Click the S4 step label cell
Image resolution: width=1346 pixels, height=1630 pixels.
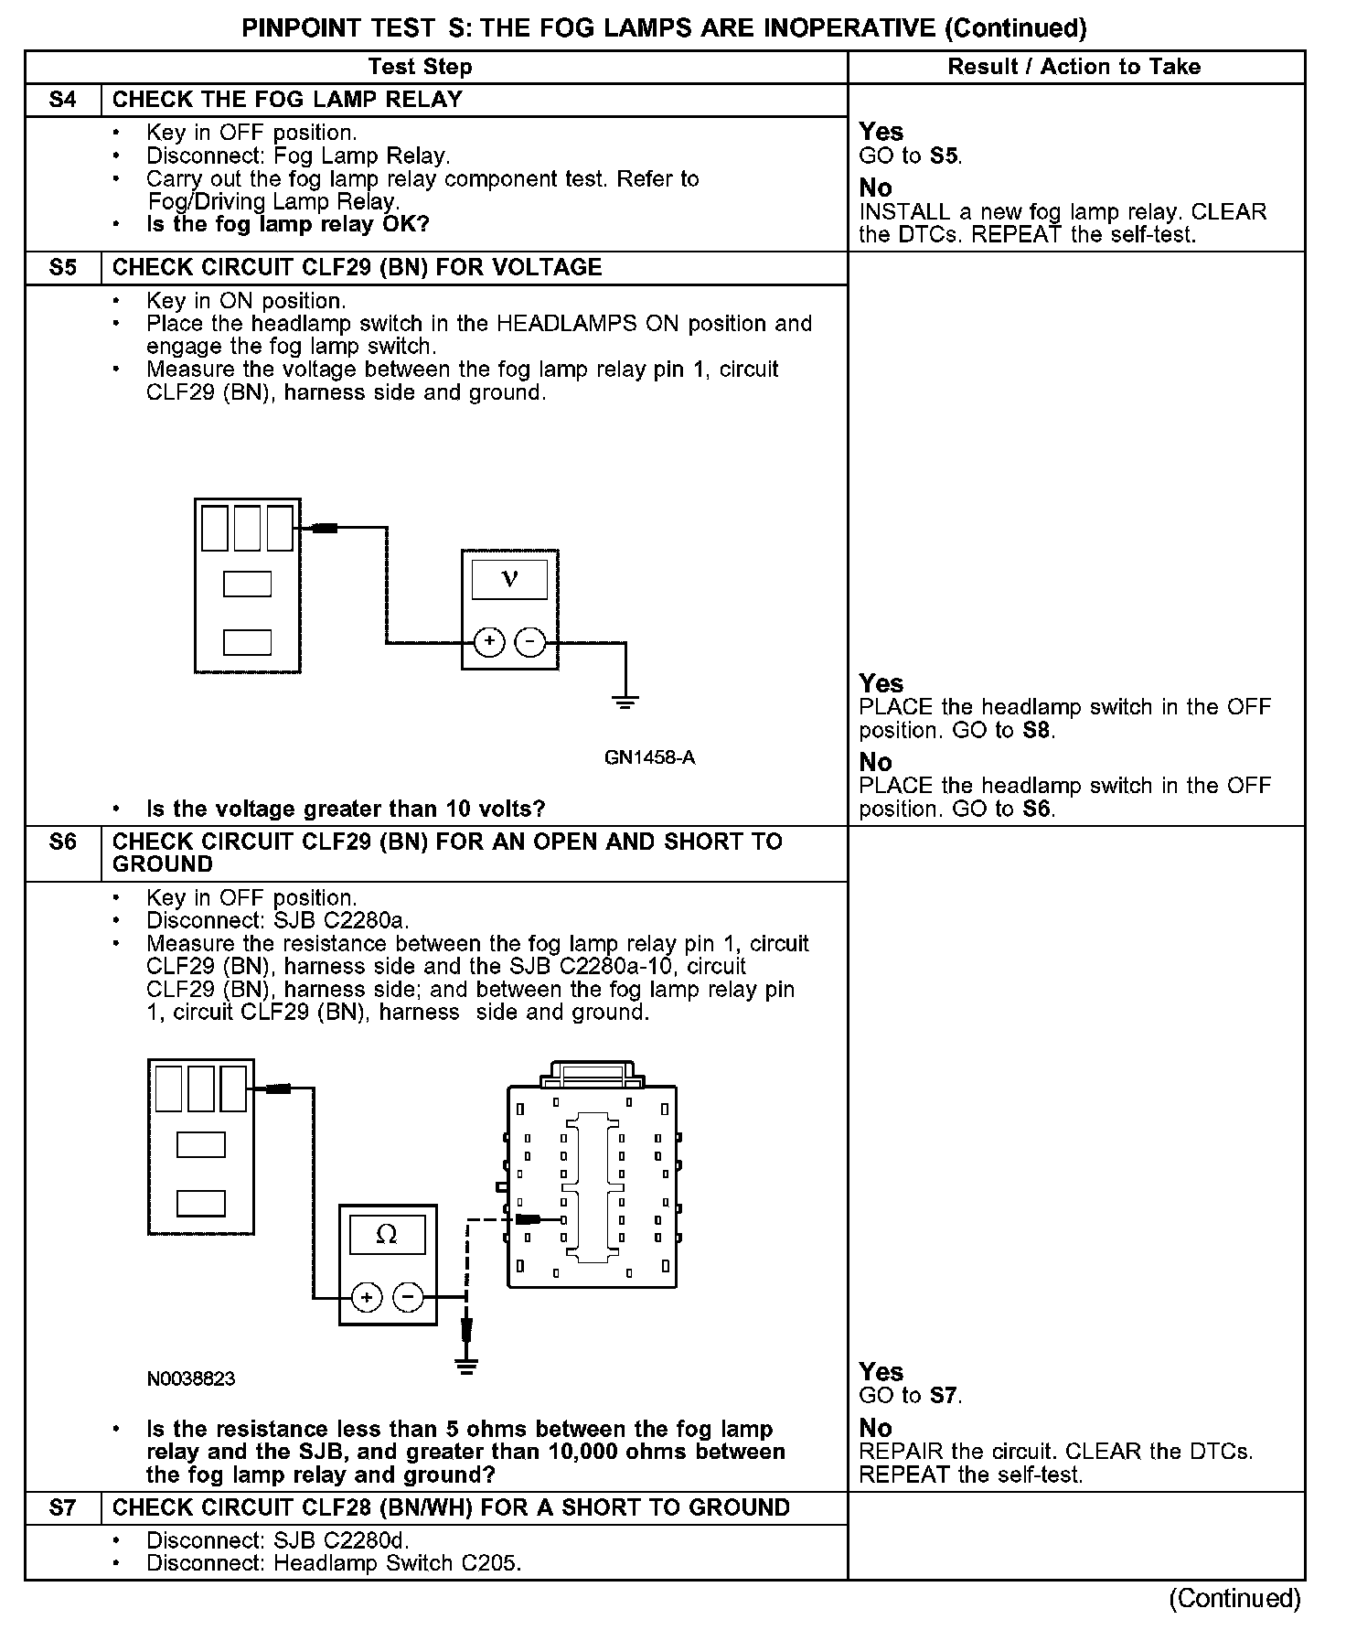[62, 100]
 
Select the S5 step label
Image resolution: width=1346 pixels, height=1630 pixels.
[62, 268]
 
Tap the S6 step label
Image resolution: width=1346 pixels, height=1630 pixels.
[62, 842]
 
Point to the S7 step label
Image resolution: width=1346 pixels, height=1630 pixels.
[62, 1508]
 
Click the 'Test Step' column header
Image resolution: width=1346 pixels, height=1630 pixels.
[420, 67]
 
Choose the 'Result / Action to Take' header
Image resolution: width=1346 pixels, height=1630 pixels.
[1074, 67]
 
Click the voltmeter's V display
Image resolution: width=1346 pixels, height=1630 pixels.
[509, 579]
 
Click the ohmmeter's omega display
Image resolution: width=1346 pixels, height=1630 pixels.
[387, 1235]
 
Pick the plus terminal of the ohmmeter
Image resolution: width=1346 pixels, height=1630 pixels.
[367, 1297]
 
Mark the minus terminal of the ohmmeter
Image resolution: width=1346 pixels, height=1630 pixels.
[408, 1297]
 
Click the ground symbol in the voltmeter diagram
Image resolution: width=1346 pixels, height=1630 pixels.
[625, 702]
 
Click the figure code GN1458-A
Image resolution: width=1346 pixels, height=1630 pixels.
[649, 757]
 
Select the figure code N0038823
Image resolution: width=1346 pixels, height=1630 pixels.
[190, 1378]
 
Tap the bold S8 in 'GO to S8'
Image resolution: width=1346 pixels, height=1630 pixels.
[1036, 731]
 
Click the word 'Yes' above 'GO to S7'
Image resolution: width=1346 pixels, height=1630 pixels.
[881, 1372]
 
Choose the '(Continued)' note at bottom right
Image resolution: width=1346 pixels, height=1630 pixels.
[1234, 1598]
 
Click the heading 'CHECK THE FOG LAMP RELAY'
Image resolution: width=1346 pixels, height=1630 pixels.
[287, 100]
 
